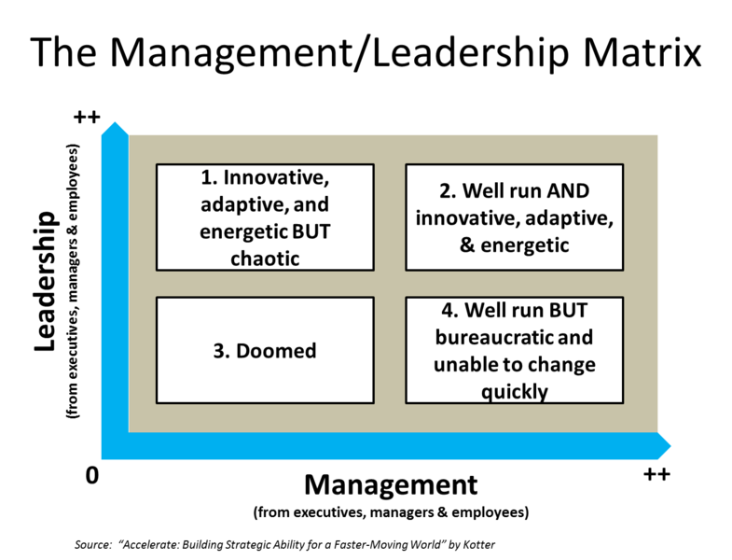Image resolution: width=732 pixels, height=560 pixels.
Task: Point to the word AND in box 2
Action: coord(565,191)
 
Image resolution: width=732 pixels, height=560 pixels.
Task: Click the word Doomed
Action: coord(276,351)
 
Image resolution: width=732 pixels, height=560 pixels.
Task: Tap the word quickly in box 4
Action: coord(514,391)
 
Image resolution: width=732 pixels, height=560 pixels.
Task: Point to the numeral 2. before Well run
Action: coord(447,191)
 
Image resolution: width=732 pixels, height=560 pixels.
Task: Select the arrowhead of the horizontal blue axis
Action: coord(664,449)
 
